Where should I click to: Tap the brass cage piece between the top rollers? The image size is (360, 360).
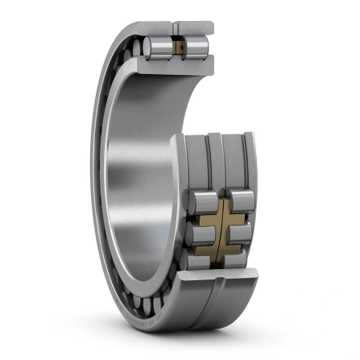(x=180, y=48)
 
